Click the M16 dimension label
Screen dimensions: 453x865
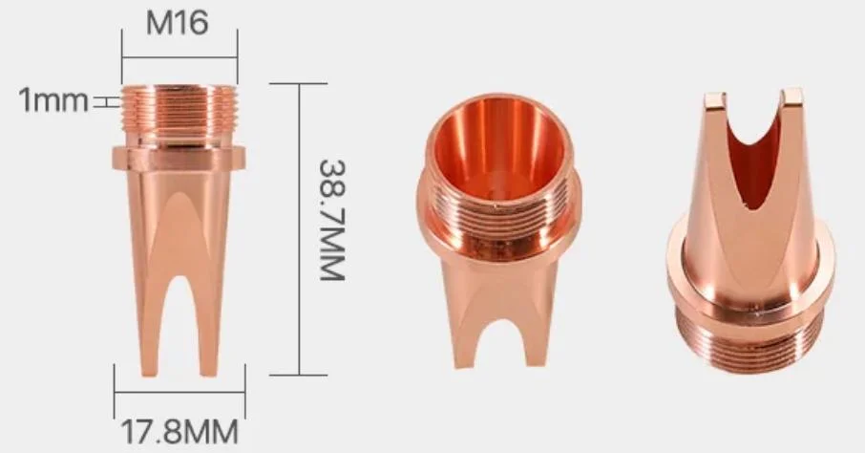177,22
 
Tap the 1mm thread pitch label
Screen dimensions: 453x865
53,99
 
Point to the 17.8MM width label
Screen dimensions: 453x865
179,428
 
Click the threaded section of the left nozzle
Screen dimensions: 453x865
179,115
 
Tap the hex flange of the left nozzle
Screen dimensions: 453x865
179,159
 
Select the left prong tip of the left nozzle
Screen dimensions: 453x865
151,368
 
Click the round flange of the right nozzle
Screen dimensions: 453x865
749,287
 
